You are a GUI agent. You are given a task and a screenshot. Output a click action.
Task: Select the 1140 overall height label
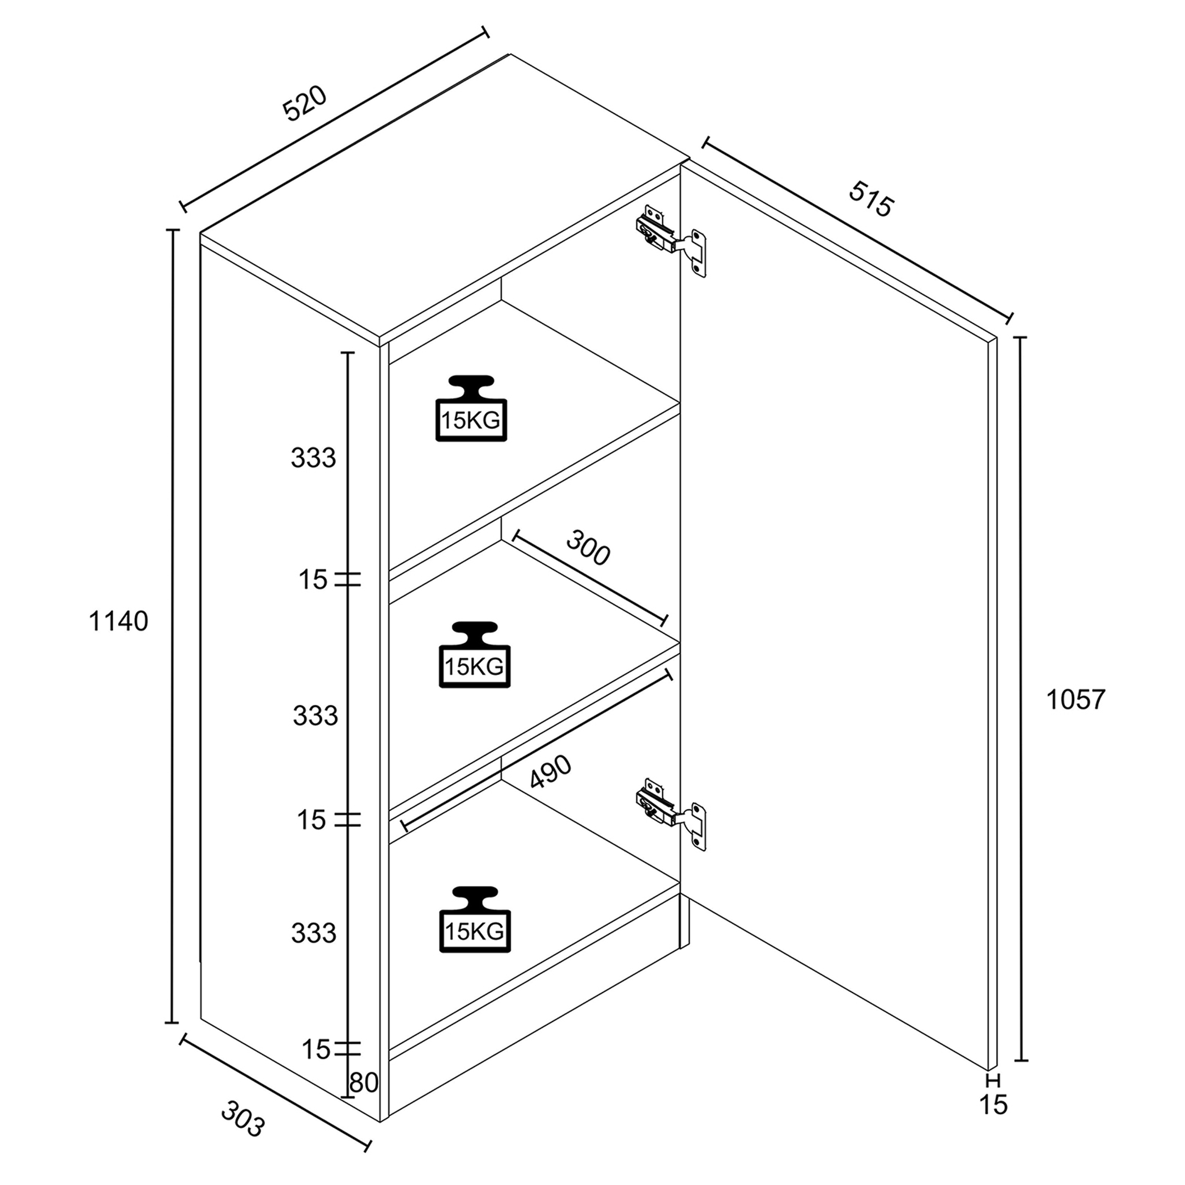(x=118, y=621)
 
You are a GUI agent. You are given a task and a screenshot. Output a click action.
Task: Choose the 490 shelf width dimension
(x=551, y=771)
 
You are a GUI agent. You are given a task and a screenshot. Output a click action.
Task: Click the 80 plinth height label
(x=364, y=1083)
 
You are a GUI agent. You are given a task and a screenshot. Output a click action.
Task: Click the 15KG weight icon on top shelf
(x=471, y=408)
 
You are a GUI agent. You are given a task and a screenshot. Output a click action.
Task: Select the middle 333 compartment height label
(x=315, y=715)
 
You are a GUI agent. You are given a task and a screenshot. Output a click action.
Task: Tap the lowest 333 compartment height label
(x=313, y=933)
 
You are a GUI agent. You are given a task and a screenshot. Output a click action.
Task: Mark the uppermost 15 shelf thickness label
(x=313, y=580)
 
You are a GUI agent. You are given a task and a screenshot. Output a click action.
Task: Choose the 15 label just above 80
(x=316, y=1049)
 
